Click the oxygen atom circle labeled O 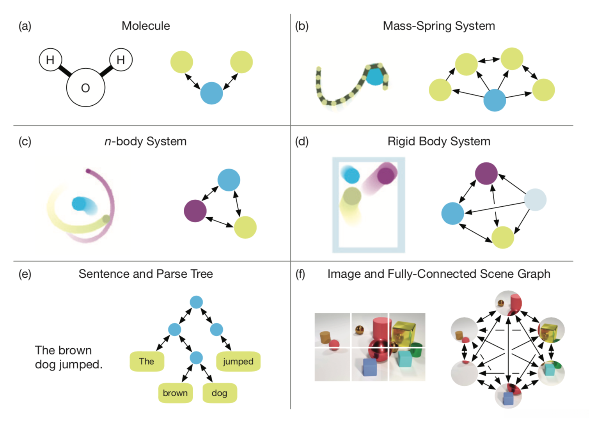(85, 88)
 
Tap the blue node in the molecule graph (211, 93)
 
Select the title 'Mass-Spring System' (439, 26)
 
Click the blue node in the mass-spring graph (495, 100)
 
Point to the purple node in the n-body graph (195, 211)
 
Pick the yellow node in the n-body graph (245, 227)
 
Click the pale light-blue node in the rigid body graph (535, 200)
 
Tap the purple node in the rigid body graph (486, 174)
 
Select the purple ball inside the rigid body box (386, 175)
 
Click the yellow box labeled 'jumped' (238, 362)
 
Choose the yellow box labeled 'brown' (175, 393)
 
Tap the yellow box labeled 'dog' (220, 393)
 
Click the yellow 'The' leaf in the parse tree (147, 362)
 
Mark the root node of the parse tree (196, 302)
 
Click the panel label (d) (302, 141)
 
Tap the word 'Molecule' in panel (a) (146, 26)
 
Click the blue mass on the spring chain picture (375, 77)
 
